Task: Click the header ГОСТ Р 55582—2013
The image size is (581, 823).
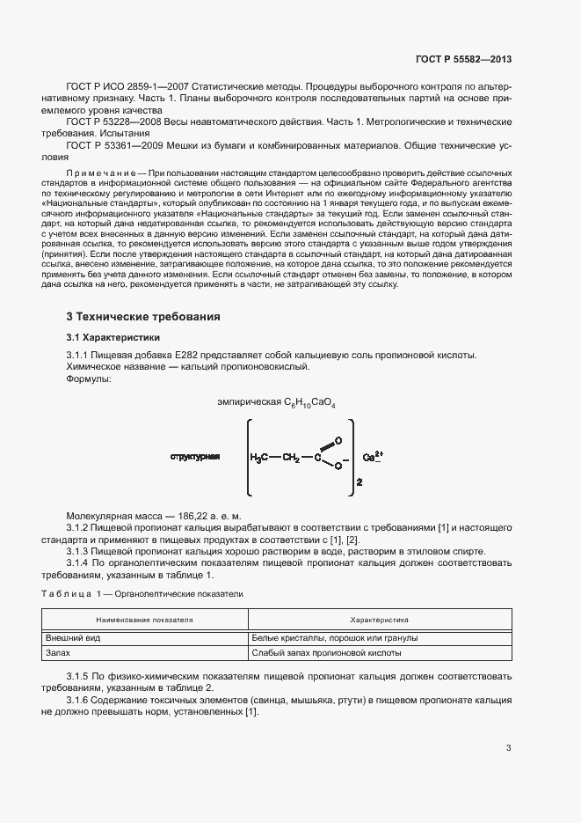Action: pyautogui.click(x=462, y=59)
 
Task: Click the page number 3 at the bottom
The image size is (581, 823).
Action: pyautogui.click(x=508, y=748)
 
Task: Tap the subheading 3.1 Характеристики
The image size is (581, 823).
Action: pyautogui.click(x=113, y=337)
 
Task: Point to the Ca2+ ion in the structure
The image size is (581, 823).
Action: pyautogui.click(x=374, y=457)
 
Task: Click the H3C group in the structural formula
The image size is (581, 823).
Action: pyautogui.click(x=260, y=458)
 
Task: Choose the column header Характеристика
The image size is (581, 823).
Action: pyautogui.click(x=379, y=620)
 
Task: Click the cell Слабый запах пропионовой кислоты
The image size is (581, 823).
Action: pyautogui.click(x=326, y=653)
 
